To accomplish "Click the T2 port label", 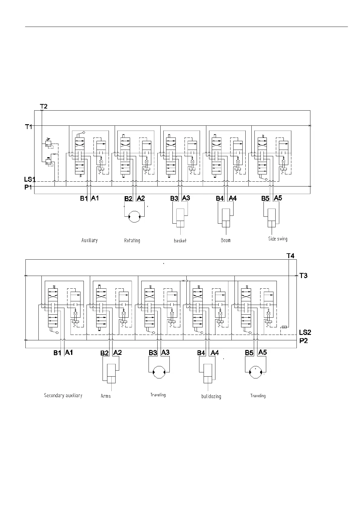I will tap(44, 106).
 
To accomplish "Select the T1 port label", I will tap(28, 127).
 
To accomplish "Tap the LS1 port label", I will tap(30, 180).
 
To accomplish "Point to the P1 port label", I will tap(28, 187).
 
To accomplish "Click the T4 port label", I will tap(290, 256).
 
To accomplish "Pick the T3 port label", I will tap(303, 275).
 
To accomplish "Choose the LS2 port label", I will tap(305, 332).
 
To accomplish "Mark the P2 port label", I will tap(303, 341).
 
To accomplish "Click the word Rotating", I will tap(132, 241).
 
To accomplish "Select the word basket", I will tap(180, 241).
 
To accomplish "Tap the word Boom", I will tap(225, 240).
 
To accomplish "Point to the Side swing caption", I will tap(278, 239).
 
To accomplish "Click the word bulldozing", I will tap(211, 396).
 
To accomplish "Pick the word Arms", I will tap(106, 396).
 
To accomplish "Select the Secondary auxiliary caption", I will tap(63, 395).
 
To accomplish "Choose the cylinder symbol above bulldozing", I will tap(208, 374).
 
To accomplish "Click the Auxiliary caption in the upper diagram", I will tap(90, 240).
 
